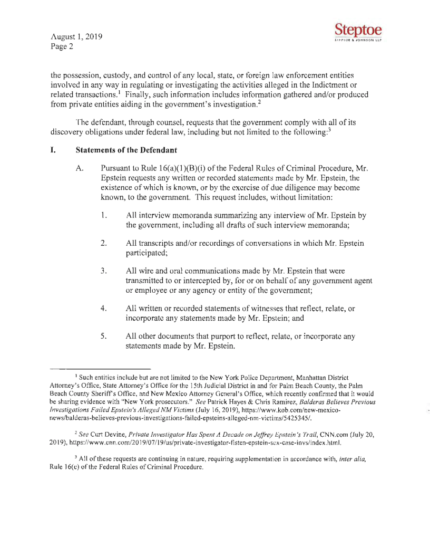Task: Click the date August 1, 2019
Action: (73, 38)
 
